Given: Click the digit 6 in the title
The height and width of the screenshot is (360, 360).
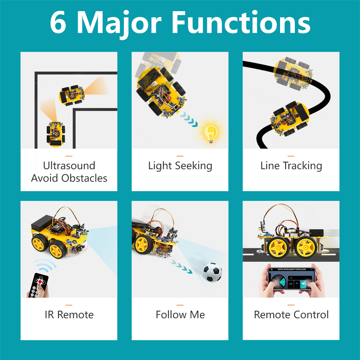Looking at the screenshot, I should [59, 23].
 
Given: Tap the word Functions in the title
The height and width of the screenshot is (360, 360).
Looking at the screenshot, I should [240, 23].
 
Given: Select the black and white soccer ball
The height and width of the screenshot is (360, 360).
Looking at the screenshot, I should [212, 272].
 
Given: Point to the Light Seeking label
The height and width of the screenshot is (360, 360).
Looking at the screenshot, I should [180, 166].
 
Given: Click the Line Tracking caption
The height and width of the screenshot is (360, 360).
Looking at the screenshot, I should [291, 166].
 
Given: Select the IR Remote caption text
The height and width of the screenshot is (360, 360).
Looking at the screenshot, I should [69, 315].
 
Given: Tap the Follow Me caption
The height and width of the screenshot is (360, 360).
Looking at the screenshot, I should [180, 315].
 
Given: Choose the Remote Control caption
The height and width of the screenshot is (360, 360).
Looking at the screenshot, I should [291, 315].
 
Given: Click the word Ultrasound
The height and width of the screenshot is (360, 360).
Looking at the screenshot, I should [69, 166].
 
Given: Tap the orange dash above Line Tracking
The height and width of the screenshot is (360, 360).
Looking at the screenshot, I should [291, 156].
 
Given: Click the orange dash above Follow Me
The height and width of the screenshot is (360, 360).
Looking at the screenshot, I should [180, 305].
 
